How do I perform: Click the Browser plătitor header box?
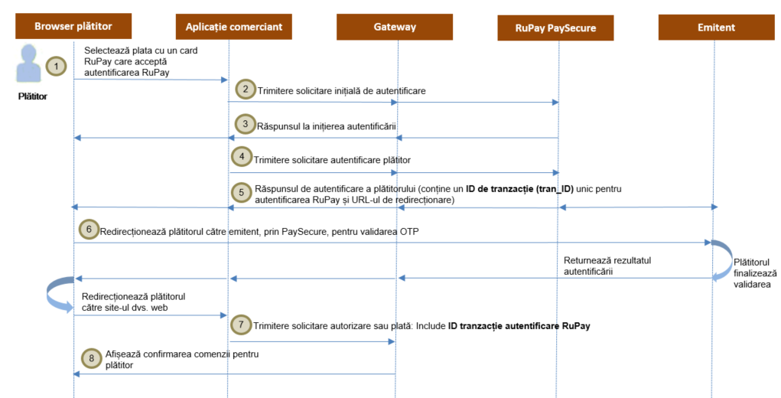73,27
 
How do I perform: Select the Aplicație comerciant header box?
233,27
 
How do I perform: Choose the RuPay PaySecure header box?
556,28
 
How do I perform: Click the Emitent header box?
716,28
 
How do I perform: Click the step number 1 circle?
56,67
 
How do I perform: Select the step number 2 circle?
245,89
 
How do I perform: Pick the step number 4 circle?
242,158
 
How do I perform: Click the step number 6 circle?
88,229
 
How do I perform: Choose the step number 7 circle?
242,325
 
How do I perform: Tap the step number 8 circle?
93,358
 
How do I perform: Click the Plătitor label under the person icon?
33,96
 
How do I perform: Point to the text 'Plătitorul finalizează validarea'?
756,267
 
